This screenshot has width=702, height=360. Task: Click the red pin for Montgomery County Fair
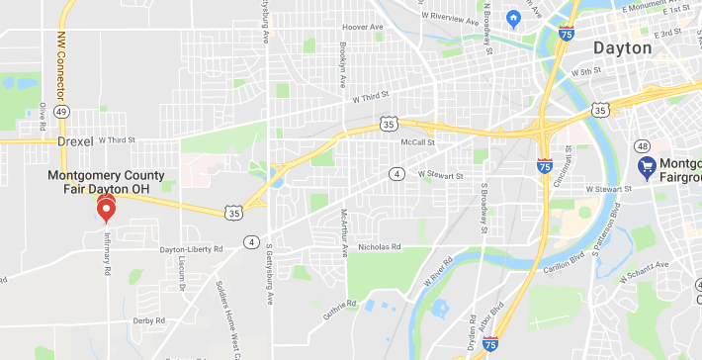[x=106, y=207]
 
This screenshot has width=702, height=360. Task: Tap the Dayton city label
[x=622, y=47]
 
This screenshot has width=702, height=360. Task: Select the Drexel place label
[x=74, y=141]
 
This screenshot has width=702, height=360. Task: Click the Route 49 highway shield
[x=61, y=113]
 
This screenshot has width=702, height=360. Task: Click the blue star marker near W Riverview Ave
[x=513, y=18]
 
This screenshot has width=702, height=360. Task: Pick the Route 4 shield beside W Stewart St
[x=396, y=174]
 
